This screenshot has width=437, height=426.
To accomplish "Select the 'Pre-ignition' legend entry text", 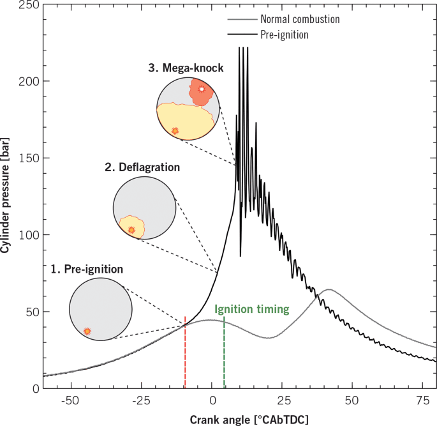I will [285, 35].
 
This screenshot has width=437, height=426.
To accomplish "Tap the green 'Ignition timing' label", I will [252, 310].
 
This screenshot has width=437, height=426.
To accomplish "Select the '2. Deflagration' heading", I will [142, 167].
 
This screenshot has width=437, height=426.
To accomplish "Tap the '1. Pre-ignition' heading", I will [87, 269].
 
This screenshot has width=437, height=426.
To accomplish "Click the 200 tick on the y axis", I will [29, 82].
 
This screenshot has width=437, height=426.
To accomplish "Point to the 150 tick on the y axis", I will [29, 158].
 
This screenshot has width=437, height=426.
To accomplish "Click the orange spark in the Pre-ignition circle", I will [87, 331].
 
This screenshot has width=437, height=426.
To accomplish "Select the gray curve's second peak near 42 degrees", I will [328, 290].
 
